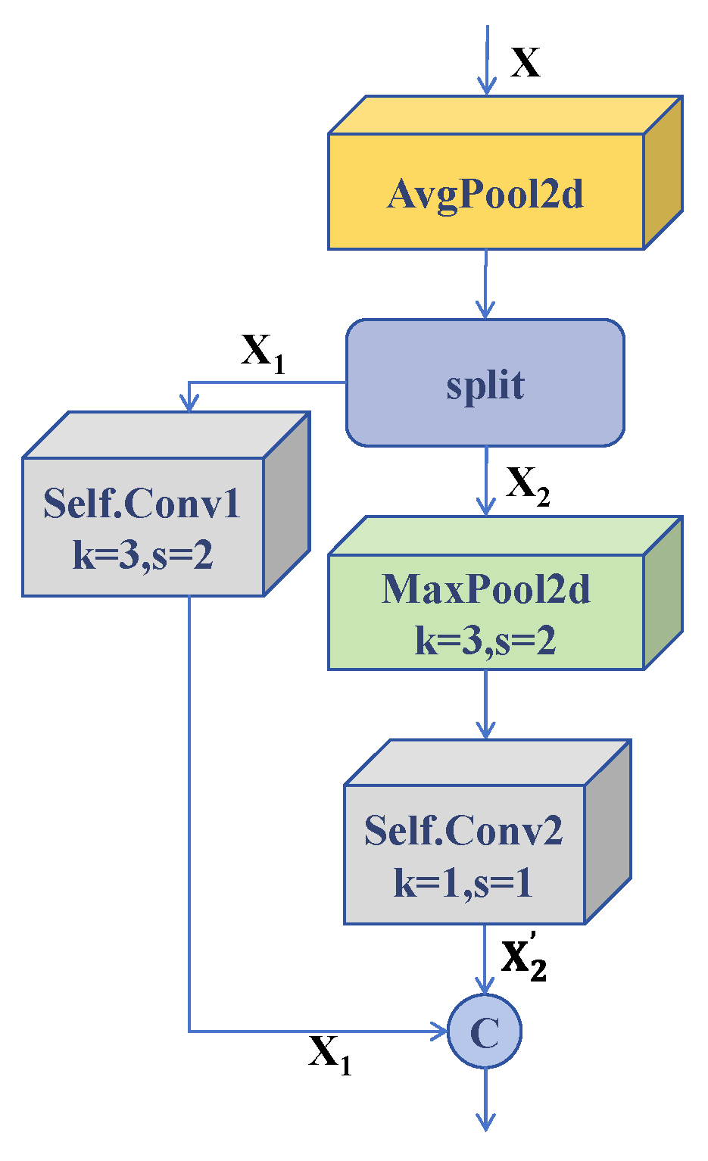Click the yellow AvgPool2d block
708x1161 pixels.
[485, 192]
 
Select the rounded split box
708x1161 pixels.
[485, 383]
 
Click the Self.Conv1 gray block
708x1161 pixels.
[143, 527]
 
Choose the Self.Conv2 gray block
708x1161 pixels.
[464, 854]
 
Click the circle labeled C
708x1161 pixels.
[485, 1031]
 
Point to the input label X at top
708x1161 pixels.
[526, 62]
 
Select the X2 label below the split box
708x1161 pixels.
[527, 484]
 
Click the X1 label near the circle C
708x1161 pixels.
[329, 1053]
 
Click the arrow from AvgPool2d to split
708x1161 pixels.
[485, 284]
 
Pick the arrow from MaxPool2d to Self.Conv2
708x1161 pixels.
[485, 705]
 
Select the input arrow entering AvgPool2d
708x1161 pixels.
[487, 61]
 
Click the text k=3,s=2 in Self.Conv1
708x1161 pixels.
[143, 555]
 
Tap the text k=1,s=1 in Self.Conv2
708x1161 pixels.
[463, 882]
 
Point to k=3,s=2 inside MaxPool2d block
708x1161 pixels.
[485, 640]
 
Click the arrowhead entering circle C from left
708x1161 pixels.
[440, 1031]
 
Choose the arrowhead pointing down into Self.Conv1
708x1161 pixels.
[189, 402]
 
